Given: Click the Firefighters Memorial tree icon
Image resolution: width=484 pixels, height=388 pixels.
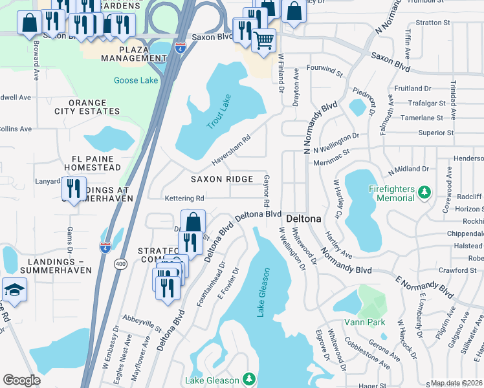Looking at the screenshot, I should tap(424, 192).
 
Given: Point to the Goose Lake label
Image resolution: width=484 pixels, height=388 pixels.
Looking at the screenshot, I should tap(135, 80).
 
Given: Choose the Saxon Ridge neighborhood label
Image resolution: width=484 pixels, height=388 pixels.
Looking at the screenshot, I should tap(221, 178).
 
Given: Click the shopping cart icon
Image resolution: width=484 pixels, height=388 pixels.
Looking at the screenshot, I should tap(263, 40).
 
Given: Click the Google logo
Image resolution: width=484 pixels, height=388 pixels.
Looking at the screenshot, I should tap(21, 380).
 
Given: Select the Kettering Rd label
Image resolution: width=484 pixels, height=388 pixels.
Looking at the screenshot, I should tap(184, 199).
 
